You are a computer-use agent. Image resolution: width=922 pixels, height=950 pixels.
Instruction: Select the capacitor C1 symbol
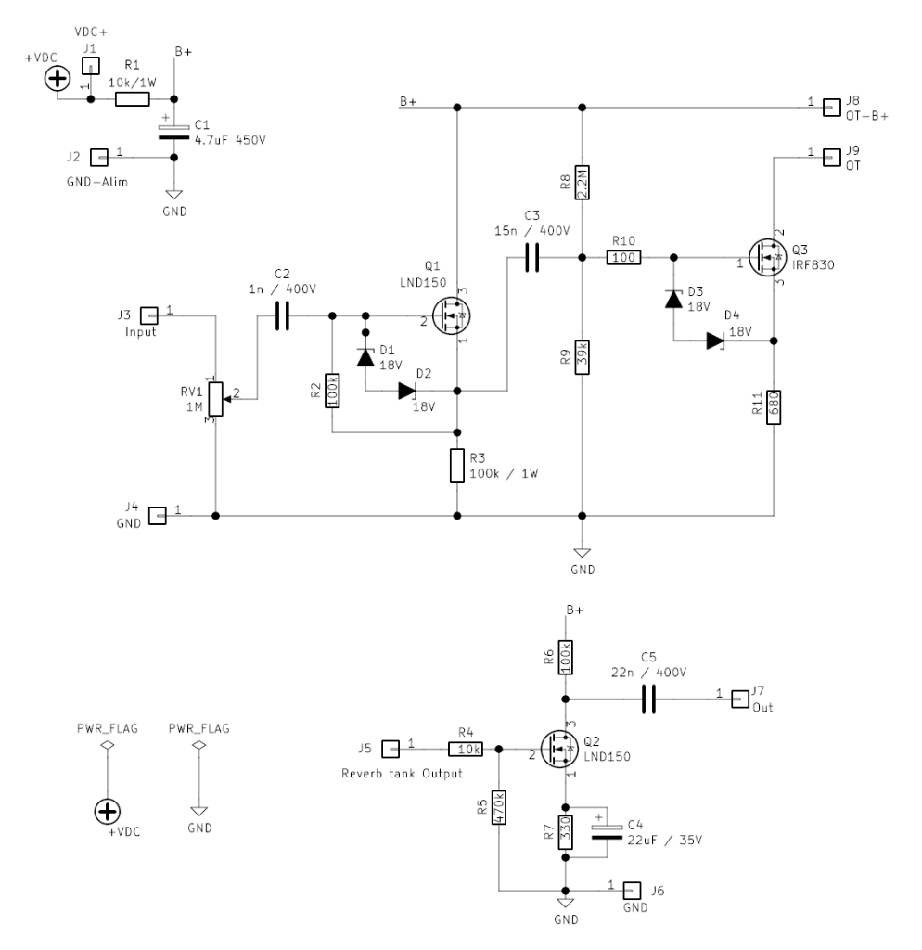(174, 133)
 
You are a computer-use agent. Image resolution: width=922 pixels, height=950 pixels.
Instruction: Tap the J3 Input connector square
(147, 315)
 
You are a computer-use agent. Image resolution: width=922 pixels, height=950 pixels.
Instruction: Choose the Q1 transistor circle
(451, 316)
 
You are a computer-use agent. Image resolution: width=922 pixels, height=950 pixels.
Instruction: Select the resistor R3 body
(457, 466)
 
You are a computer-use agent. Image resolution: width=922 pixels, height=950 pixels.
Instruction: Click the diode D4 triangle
(714, 340)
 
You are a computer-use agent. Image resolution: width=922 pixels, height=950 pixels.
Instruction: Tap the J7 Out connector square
(739, 698)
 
